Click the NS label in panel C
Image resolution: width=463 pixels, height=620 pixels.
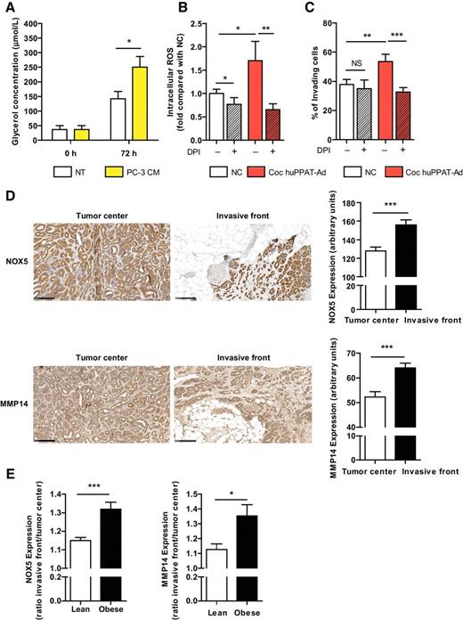coord(355,61)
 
